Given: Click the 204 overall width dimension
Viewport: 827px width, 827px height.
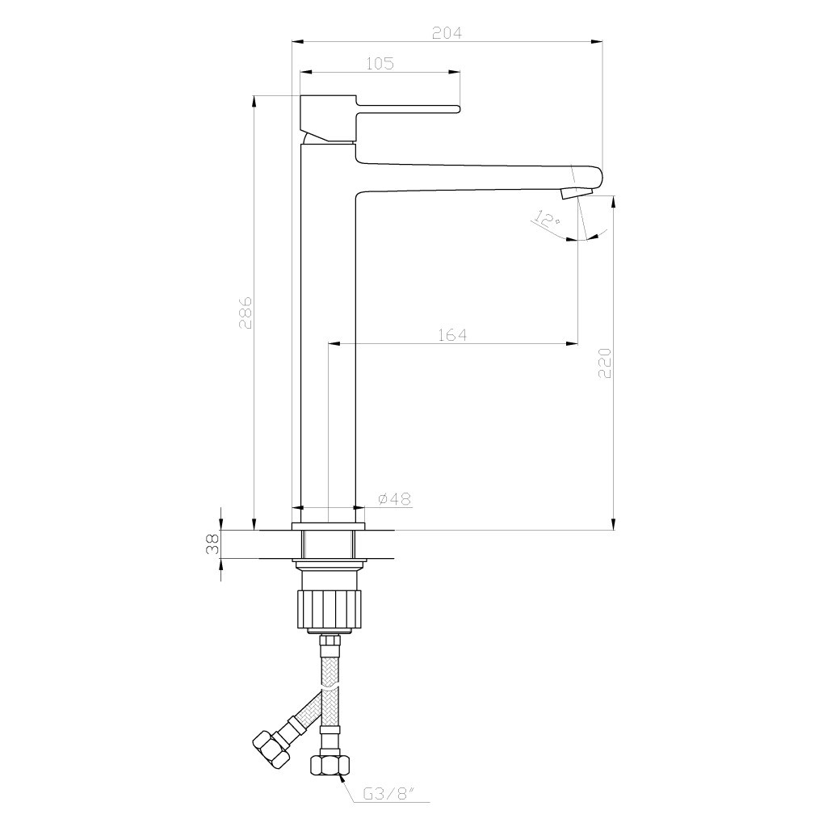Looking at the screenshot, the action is [x=447, y=33].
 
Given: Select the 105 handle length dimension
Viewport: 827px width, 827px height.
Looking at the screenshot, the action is [x=380, y=64].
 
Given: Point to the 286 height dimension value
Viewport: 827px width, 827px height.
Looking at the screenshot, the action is [x=246, y=313].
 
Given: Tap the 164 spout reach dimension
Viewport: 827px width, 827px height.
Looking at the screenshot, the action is [x=452, y=335].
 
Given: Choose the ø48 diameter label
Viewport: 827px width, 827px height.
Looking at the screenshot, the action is [x=394, y=499].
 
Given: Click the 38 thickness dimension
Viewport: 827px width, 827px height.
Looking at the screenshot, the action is [x=212, y=544].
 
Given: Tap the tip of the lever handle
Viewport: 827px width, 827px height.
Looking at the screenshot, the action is [x=458, y=109].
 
